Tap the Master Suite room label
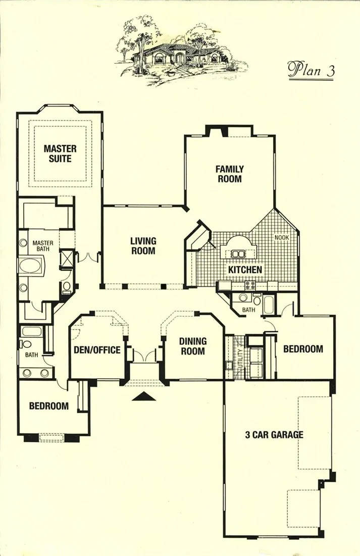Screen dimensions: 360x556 (x=60, y=153)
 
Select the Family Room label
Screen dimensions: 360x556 (x=229, y=174)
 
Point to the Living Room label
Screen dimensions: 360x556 (x=143, y=246)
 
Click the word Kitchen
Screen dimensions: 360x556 (x=245, y=270)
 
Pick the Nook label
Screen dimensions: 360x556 (x=282, y=237)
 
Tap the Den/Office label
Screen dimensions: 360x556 (x=97, y=350)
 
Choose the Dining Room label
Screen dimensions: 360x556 (x=192, y=346)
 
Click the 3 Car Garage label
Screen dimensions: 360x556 (x=274, y=434)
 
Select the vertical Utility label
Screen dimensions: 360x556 (x=240, y=358)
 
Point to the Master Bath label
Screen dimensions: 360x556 (x=43, y=246)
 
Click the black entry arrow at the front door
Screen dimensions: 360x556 (x=144, y=396)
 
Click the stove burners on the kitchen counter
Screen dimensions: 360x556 (x=249, y=284)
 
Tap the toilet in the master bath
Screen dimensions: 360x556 (x=67, y=287)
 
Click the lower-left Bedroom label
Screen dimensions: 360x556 (x=49, y=406)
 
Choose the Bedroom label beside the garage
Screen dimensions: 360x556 (x=303, y=349)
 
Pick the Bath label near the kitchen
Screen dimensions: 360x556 (x=248, y=310)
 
